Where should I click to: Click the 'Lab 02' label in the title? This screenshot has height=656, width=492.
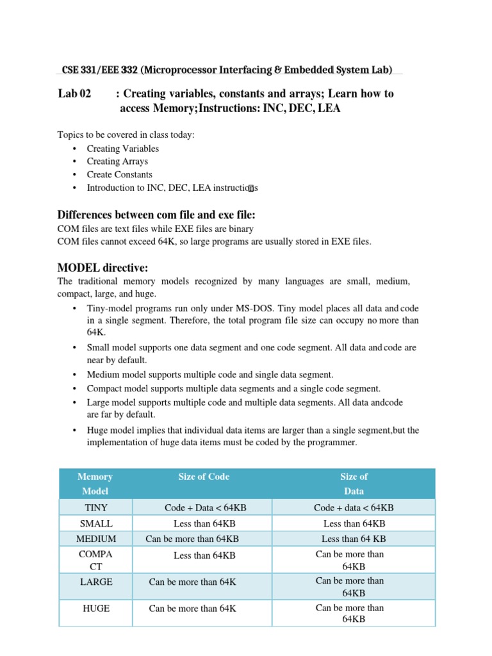tap(74, 94)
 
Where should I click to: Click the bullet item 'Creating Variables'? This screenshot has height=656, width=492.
tap(122, 149)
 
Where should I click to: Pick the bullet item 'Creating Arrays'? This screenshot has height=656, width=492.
tap(117, 161)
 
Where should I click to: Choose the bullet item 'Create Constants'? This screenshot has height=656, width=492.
tap(119, 174)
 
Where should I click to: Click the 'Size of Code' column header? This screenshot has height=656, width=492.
tap(203, 477)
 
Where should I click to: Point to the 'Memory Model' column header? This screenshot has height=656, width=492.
tap(95, 484)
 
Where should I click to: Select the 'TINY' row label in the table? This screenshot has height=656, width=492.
tap(95, 507)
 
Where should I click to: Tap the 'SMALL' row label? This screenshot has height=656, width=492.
tap(95, 523)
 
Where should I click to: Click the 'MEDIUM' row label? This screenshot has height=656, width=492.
tap(95, 539)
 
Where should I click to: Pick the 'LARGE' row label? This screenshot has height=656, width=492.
tap(95, 582)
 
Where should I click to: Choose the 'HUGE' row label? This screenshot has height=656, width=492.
tap(95, 609)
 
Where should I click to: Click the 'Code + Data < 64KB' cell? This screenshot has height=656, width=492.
tap(205, 507)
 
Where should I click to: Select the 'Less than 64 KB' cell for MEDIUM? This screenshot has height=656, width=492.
tap(354, 539)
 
